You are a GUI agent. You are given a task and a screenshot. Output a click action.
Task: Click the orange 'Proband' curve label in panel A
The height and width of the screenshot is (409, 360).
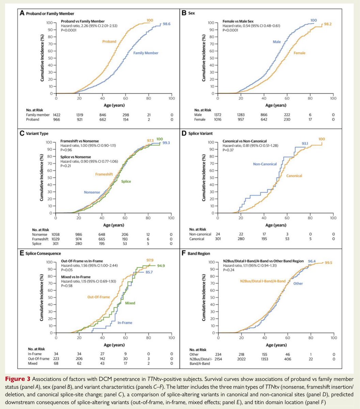[x=109, y=42]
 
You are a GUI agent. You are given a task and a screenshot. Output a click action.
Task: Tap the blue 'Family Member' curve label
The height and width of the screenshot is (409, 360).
[x=146, y=53]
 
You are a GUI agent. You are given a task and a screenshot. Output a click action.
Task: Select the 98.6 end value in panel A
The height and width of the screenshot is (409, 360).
[x=167, y=24]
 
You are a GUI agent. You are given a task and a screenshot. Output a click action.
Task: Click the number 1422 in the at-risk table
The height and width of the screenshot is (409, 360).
[x=57, y=115]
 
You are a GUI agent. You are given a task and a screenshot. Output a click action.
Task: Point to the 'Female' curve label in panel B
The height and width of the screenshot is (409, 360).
[x=299, y=53]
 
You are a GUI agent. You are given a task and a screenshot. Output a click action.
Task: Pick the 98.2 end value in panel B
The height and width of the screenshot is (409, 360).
[x=328, y=24]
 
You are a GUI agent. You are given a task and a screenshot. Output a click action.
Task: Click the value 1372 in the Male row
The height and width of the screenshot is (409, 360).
[x=218, y=115]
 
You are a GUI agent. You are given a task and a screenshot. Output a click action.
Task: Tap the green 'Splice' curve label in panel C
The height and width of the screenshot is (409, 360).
[x=126, y=181]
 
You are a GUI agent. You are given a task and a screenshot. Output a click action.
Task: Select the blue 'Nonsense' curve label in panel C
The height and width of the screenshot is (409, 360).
[x=92, y=192]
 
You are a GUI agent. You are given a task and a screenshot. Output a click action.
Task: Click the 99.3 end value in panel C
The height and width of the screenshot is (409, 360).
[x=166, y=143]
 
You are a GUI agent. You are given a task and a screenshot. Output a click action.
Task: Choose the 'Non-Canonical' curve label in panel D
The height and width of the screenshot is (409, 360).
[x=265, y=164]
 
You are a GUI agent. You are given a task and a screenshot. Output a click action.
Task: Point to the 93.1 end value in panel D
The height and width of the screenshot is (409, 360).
[x=305, y=143]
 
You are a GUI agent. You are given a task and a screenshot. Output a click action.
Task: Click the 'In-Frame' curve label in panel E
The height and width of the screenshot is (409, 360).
[x=125, y=322]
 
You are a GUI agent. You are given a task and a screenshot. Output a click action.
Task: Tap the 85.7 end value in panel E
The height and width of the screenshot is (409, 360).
[x=149, y=272]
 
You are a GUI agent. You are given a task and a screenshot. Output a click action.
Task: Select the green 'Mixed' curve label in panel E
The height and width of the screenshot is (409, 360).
[x=130, y=303]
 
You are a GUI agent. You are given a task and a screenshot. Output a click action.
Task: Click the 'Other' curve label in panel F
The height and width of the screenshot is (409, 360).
[x=298, y=284]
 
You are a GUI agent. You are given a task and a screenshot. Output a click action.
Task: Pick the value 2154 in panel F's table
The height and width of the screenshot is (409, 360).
[x=218, y=359]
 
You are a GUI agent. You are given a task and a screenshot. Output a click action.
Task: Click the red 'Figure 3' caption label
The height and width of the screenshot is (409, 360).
[x=18, y=379]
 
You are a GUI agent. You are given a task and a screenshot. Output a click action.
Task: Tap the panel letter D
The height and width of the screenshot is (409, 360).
[x=184, y=133]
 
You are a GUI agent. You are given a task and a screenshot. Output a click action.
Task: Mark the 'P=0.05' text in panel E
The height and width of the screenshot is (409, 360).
[x=67, y=270]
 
